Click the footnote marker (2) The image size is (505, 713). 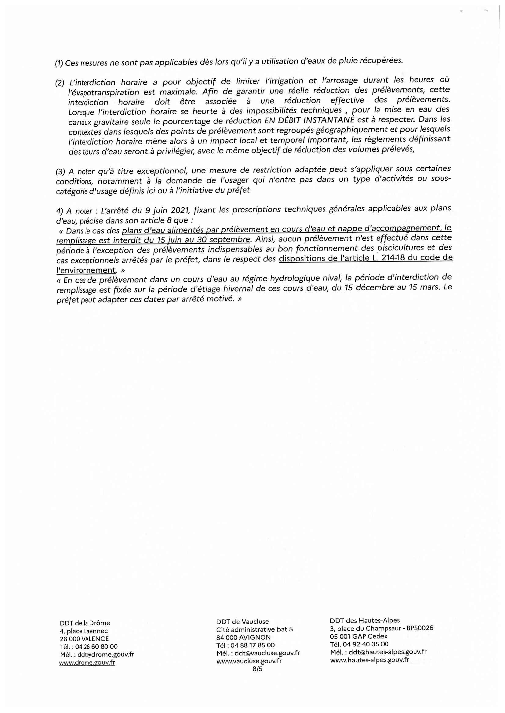click(x=60, y=83)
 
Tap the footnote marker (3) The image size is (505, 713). click(x=60, y=172)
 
